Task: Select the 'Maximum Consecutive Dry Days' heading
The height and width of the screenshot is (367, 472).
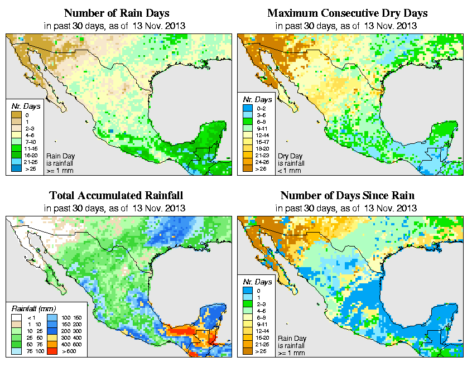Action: coord(347,13)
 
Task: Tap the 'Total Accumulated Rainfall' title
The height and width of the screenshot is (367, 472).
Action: coord(116,196)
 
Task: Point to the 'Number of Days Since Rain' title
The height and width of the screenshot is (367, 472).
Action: coord(347,196)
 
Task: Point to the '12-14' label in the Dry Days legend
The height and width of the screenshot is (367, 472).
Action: coord(261,135)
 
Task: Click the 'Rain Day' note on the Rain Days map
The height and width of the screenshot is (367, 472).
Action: coord(60,156)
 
